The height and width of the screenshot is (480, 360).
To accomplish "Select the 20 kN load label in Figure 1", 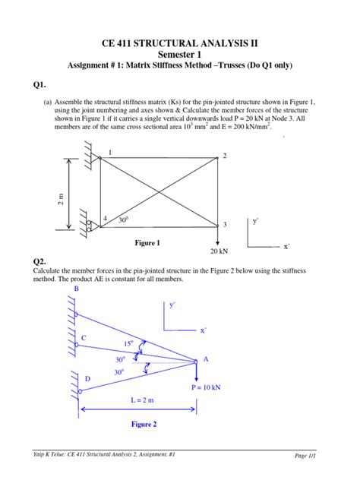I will (220, 251).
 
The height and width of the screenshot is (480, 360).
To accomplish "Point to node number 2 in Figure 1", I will (225, 156).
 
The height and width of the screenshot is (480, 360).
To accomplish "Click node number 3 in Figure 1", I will (225, 225).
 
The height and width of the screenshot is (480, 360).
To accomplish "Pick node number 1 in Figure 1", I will (110, 153).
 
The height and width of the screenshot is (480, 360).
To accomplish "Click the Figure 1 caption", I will (147, 243).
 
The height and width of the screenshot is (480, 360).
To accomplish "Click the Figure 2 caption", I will (144, 425).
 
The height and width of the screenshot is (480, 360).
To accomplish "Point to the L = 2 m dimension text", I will (138, 399).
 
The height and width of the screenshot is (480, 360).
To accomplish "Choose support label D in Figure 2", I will (87, 378).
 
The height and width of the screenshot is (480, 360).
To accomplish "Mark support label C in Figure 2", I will (84, 337).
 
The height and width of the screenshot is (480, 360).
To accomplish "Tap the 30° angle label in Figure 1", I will (123, 219).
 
